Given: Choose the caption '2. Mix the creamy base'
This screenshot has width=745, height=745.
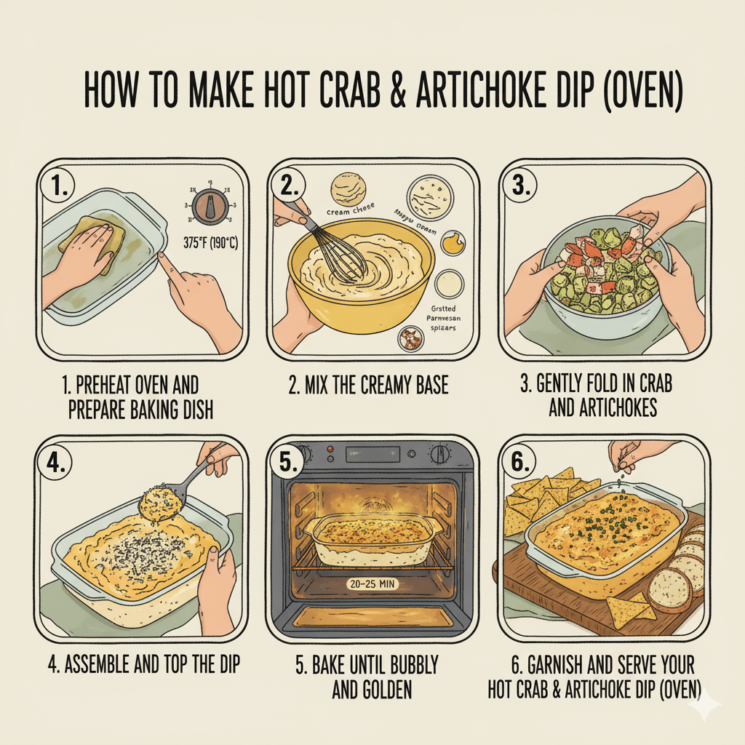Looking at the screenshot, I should pos(368,385).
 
